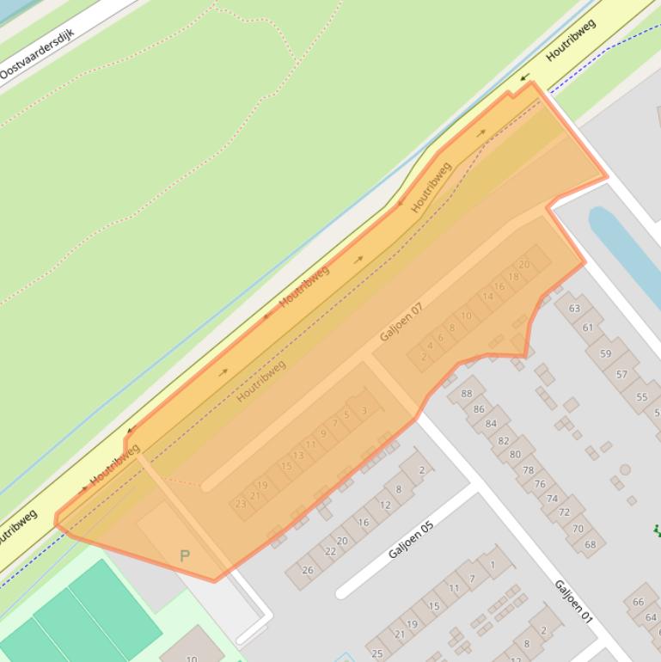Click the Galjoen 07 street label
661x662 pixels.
click(401, 322)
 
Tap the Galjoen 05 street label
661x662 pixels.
click(412, 539)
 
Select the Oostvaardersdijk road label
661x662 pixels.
click(37, 55)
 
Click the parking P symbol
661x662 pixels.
click(184, 556)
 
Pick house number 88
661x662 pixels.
click(467, 394)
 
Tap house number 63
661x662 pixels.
click(574, 308)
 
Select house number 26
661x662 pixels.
click(307, 569)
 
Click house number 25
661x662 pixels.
click(376, 653)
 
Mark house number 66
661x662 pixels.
click(639, 602)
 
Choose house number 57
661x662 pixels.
click(621, 374)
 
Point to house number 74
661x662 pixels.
click(552, 498)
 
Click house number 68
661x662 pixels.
click(590, 544)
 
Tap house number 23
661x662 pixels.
click(241, 504)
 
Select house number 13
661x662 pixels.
click(298, 456)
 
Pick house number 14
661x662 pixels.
click(488, 297)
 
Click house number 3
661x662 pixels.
click(364, 411)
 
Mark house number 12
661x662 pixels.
click(385, 505)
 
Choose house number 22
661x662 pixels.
click(330, 551)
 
